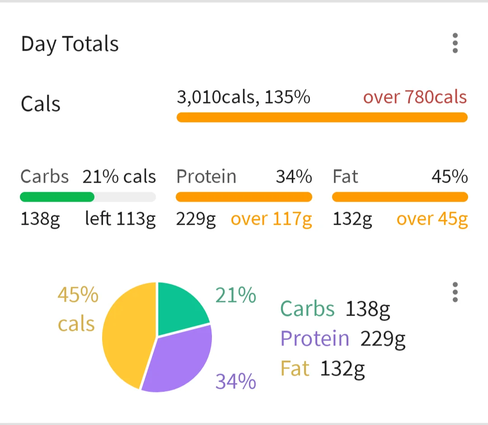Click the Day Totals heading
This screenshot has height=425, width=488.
point(70,44)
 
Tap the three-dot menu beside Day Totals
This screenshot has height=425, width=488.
point(455,43)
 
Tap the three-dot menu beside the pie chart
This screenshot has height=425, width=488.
point(455,293)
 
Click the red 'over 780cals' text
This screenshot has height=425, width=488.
point(415,97)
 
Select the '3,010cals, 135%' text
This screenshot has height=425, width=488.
point(243,97)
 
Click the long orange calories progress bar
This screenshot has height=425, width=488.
point(322,118)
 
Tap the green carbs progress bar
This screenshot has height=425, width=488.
point(57,197)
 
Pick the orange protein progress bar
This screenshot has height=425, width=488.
point(244,197)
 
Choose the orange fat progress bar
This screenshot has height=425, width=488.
point(400,197)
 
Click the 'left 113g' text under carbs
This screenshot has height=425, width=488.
point(120,219)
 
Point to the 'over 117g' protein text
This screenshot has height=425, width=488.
point(271,219)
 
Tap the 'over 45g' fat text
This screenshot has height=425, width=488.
point(432,219)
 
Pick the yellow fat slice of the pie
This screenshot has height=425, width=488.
point(127,335)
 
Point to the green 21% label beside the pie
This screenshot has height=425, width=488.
point(235,296)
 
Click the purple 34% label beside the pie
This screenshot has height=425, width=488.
point(235,381)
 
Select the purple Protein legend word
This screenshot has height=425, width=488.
point(314,338)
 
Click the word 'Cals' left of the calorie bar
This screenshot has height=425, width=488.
point(41,104)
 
